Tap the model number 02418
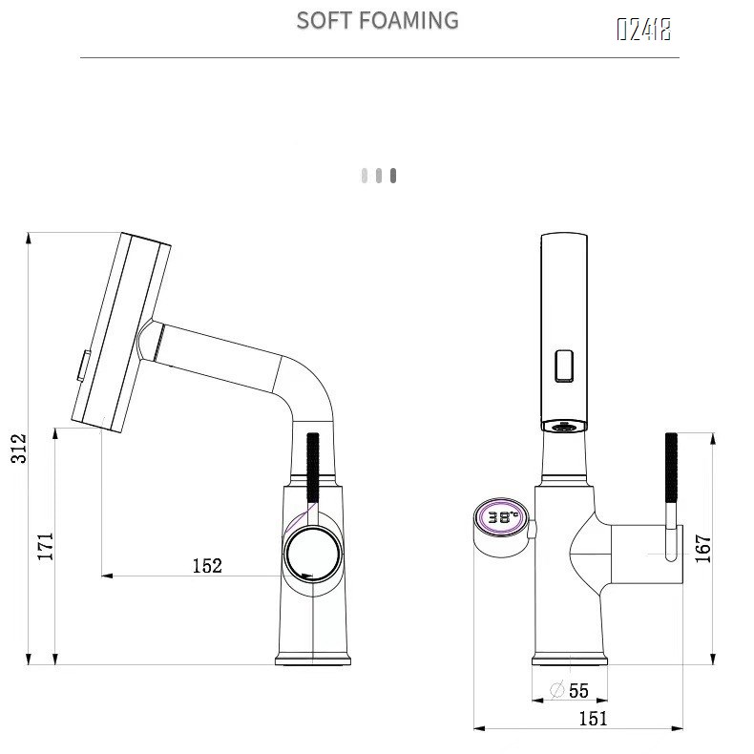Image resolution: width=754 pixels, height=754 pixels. (643, 30)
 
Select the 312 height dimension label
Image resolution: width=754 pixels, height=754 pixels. (19, 449)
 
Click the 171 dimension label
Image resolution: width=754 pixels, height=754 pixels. (45, 546)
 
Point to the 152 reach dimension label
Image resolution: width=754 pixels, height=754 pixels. (207, 566)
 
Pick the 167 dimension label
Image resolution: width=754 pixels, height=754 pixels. (702, 549)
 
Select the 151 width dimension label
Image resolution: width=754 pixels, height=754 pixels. (593, 719)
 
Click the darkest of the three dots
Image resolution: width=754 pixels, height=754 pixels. (393, 176)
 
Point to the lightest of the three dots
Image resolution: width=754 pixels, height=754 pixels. (365, 176)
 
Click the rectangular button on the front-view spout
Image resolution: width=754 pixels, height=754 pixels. (564, 365)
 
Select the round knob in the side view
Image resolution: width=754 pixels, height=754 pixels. (312, 553)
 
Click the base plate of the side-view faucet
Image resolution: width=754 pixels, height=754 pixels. (314, 659)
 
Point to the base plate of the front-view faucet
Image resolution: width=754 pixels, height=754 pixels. (570, 660)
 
